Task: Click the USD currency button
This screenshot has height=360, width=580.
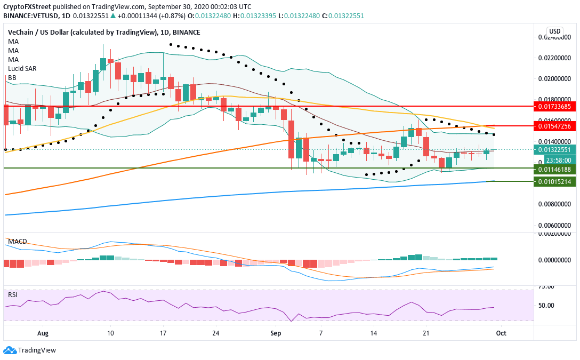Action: pos(555,30)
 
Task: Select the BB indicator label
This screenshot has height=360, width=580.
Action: pos(12,77)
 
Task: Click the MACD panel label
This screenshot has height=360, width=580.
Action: pos(17,242)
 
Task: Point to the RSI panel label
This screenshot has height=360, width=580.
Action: pos(12,294)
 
